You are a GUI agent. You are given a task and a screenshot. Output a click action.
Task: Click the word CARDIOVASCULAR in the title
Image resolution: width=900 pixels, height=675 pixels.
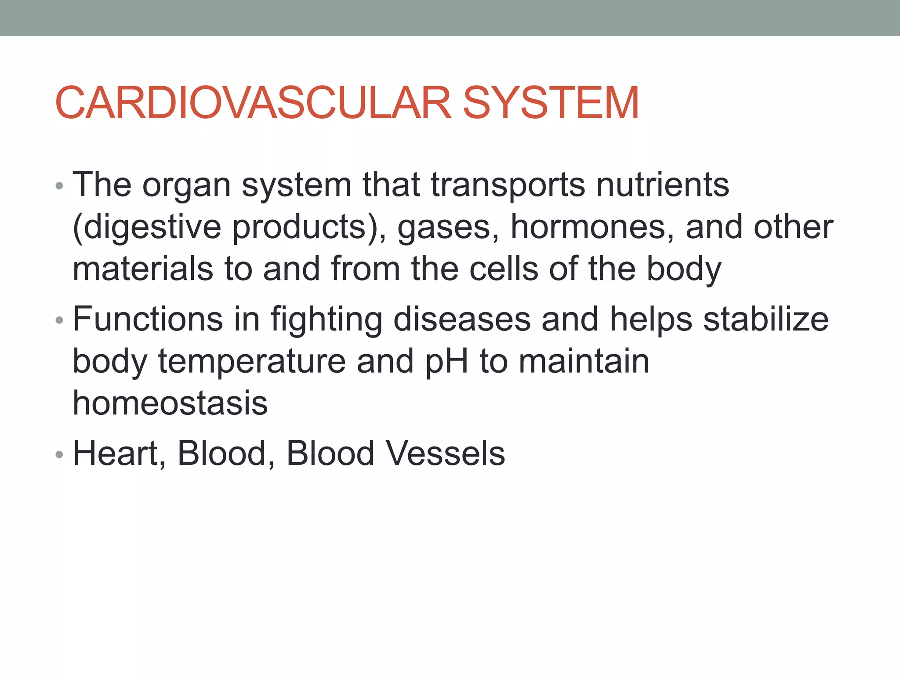click(253, 103)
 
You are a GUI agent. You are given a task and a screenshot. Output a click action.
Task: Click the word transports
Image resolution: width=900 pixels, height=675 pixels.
click(508, 185)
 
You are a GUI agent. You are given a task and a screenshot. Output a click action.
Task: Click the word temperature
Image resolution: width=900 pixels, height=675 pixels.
click(252, 362)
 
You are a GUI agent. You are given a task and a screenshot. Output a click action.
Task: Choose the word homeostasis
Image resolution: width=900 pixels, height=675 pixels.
click(170, 403)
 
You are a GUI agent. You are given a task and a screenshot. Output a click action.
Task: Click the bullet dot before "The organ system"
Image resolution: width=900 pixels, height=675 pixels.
click(60, 186)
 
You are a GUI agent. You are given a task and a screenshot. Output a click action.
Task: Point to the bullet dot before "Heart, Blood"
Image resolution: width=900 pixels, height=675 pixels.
click(60, 455)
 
